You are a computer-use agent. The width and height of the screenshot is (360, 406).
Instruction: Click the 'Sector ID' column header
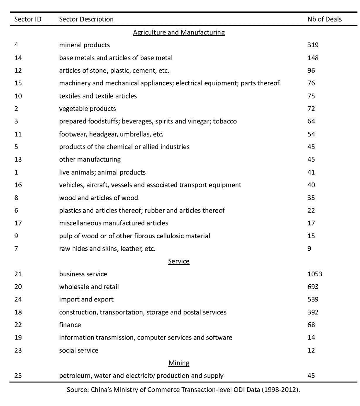coord(28,19)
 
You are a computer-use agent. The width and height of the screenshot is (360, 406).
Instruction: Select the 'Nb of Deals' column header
coord(324,19)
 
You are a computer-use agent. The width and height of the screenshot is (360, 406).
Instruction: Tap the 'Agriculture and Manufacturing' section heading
coord(179,32)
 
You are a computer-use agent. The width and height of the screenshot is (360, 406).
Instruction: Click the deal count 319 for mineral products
coord(313,45)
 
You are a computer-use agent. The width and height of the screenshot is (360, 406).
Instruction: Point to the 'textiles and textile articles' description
coord(98,96)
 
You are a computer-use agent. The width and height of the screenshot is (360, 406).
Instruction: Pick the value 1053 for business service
coord(314,274)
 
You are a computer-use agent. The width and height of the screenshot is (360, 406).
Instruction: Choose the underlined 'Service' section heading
coord(179,261)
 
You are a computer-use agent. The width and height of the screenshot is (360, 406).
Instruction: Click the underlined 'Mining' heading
coord(179,363)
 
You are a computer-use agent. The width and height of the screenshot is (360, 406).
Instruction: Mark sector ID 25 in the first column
coord(18,376)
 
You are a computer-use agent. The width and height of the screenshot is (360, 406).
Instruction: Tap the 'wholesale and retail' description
coord(89,287)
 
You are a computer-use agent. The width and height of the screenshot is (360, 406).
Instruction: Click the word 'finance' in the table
coord(70,325)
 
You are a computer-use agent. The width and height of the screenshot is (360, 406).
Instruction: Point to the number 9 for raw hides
coord(309,249)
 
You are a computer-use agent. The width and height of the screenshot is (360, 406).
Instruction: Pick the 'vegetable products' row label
coord(88,109)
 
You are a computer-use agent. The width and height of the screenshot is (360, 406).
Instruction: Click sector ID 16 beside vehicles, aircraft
coord(18,185)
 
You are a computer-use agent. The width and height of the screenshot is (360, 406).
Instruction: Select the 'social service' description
coord(79,350)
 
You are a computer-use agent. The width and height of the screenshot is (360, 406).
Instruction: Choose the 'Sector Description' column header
coord(86,19)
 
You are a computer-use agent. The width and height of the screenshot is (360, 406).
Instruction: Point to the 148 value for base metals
coord(313,58)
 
